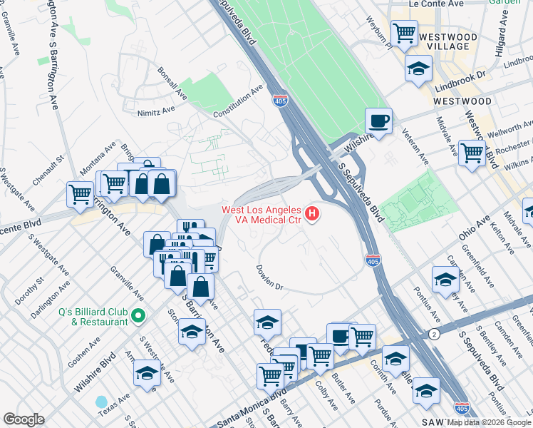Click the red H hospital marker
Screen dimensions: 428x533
point(311,213)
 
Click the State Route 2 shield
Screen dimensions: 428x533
point(434,335)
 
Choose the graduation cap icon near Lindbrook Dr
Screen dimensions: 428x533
point(418,68)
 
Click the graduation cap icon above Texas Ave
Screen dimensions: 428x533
point(147,373)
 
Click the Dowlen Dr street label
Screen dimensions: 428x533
point(270,278)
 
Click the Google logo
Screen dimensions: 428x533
point(24,419)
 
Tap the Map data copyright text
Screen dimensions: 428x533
point(489,422)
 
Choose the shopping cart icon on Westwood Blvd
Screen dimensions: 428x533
point(472,153)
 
